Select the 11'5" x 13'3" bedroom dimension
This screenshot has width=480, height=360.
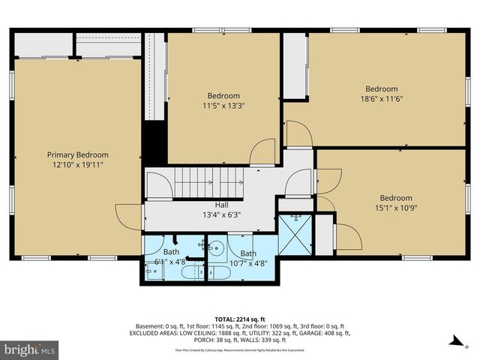tap(223, 106)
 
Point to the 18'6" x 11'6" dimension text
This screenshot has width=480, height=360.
tap(381, 98)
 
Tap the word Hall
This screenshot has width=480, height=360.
tap(221, 204)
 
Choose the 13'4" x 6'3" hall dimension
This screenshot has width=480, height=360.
tap(221, 214)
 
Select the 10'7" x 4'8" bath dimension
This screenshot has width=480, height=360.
tap(248, 263)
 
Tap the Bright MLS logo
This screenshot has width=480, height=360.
tap(30, 349)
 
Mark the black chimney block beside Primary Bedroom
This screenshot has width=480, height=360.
tap(154, 142)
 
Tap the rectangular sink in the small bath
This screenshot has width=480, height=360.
tap(155, 271)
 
